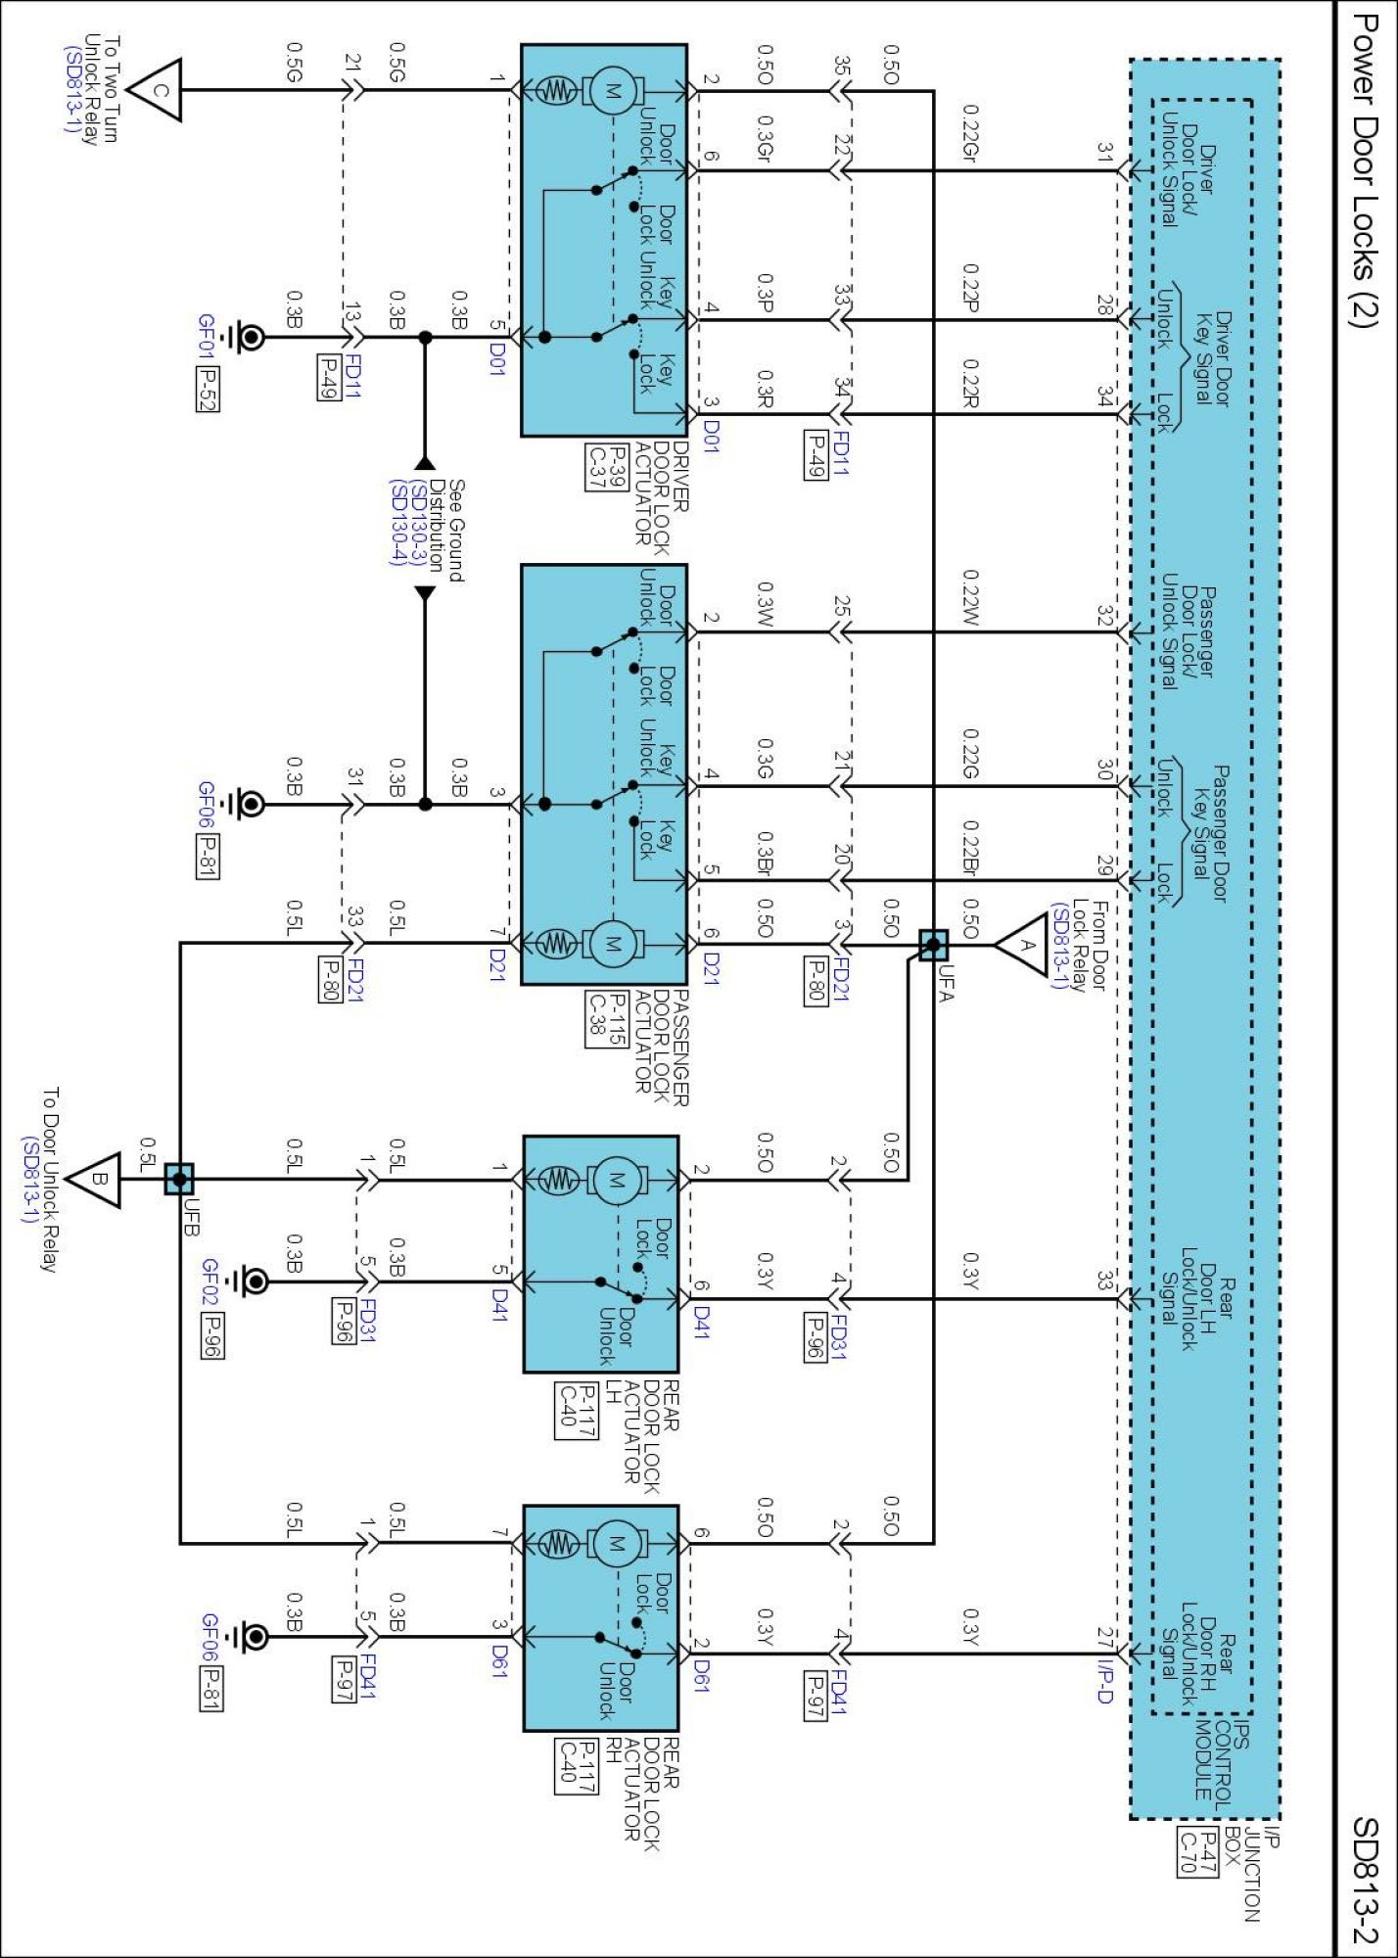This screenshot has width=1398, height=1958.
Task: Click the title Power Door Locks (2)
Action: (x=1364, y=170)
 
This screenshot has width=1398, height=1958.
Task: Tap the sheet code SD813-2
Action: (x=1364, y=1881)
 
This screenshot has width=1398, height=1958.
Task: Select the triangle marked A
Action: (x=1024, y=946)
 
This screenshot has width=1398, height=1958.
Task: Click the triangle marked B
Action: (x=97, y=1180)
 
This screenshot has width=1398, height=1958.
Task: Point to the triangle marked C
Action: (x=158, y=91)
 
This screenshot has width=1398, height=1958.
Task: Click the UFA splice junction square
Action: (x=933, y=946)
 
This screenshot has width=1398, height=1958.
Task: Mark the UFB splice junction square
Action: (x=179, y=1180)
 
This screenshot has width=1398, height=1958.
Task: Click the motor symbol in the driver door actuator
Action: (x=612, y=91)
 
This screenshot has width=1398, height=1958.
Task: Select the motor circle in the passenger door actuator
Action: (x=612, y=944)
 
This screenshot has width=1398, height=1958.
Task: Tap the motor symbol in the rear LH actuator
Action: (x=615, y=1180)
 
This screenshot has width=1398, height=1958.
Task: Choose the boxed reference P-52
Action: (x=207, y=389)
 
